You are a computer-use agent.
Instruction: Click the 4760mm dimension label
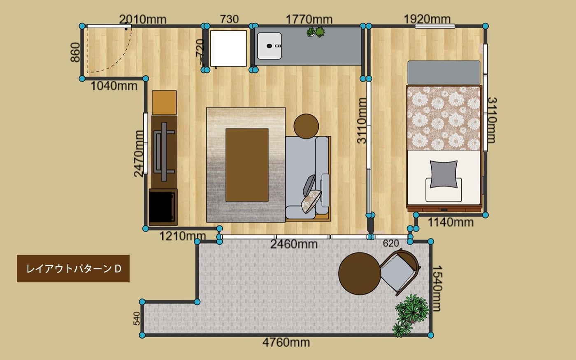[x=286, y=342]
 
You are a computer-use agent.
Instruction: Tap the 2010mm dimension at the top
[x=143, y=19]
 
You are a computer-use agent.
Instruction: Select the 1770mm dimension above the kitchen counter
[x=309, y=19]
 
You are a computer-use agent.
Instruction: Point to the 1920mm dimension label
[x=427, y=19]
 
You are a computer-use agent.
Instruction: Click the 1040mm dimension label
[x=114, y=86]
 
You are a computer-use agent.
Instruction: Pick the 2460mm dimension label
[x=294, y=244]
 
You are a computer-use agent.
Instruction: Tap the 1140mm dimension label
[x=451, y=222]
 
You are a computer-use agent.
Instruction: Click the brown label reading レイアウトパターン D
[x=73, y=268]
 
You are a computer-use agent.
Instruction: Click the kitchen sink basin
[x=269, y=46]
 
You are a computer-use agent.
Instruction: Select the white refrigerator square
[x=228, y=49]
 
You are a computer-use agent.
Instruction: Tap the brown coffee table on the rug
[x=247, y=165]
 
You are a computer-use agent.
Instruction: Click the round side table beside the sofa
[x=306, y=126]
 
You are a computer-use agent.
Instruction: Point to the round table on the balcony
[x=360, y=274]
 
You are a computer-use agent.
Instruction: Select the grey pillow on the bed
[x=444, y=174]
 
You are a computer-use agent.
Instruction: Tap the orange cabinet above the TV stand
[x=164, y=102]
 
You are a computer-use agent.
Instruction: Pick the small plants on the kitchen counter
[x=316, y=32]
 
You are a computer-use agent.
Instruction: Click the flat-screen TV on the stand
[x=164, y=152]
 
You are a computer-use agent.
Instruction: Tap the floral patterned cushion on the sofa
[x=311, y=201]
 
